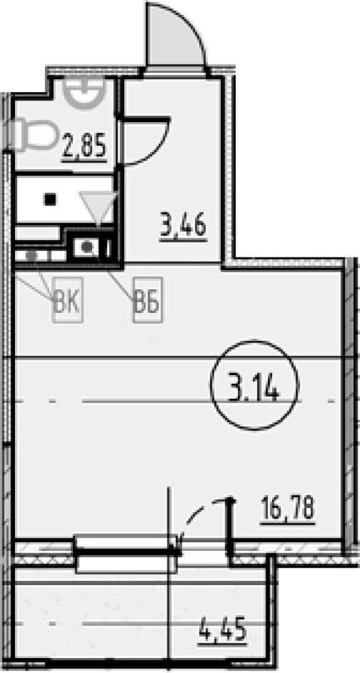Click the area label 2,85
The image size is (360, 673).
(84, 146)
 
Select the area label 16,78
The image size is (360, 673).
(288, 508)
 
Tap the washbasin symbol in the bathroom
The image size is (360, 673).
(84, 93)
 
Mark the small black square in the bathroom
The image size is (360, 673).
(51, 199)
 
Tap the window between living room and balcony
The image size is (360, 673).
(127, 554)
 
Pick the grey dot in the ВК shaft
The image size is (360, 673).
(31, 255)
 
